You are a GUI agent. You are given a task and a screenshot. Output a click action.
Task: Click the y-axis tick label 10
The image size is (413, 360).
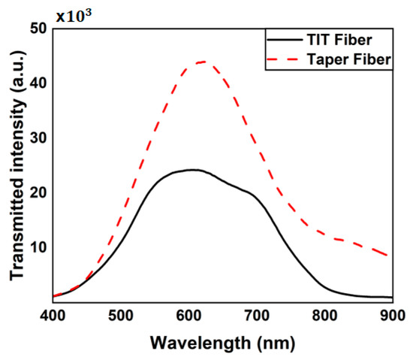coord(37,247)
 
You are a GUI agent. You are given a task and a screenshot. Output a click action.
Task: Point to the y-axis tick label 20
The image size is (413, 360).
coord(37,192)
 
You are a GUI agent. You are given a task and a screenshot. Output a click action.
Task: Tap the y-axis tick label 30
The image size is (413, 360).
coord(37,138)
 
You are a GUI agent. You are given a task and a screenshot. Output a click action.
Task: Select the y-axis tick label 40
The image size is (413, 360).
coord(37,83)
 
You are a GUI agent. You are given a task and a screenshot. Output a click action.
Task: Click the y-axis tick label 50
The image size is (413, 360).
coord(37,29)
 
